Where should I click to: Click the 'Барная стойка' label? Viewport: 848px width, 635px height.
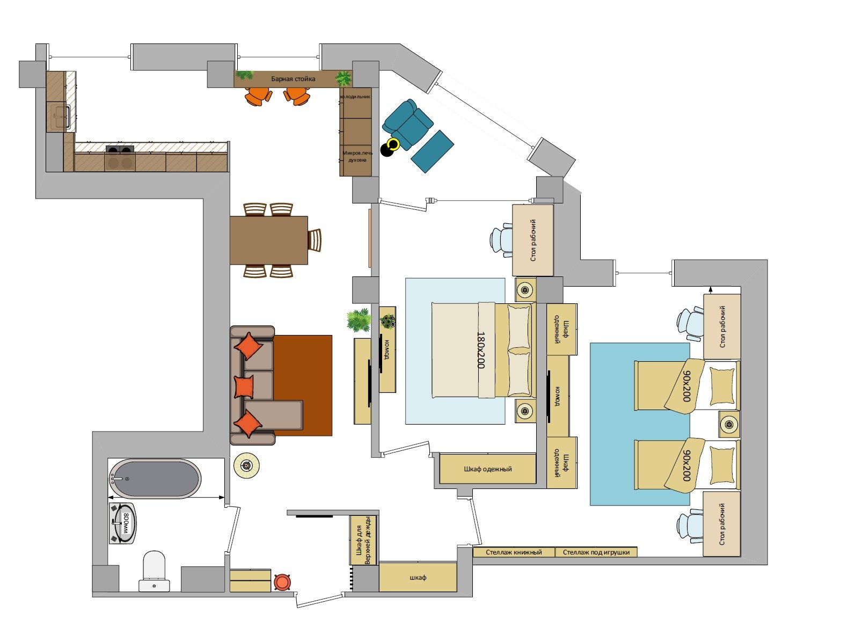293,79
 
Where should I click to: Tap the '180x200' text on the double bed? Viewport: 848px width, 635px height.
480,350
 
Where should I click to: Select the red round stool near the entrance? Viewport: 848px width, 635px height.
282,582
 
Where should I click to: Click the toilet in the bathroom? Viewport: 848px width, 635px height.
154,571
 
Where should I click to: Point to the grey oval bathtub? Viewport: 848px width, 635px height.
155,479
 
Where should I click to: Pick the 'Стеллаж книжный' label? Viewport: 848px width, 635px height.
514,552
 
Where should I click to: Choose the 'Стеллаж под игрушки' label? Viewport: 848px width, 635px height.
596,552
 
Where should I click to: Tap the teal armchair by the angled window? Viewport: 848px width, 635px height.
407,123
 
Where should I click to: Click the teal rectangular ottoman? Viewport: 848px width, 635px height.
432,151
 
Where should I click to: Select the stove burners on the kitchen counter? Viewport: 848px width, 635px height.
120,149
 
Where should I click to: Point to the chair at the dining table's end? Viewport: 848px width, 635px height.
315,240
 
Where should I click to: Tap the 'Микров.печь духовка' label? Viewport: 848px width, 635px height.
357,156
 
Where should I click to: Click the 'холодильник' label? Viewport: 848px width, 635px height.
355,97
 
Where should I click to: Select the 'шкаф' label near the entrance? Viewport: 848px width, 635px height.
418,578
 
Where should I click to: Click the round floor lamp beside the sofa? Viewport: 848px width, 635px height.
246,466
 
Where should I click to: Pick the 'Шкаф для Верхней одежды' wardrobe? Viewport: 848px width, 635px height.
363,540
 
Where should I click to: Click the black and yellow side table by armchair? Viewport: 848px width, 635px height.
390,147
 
